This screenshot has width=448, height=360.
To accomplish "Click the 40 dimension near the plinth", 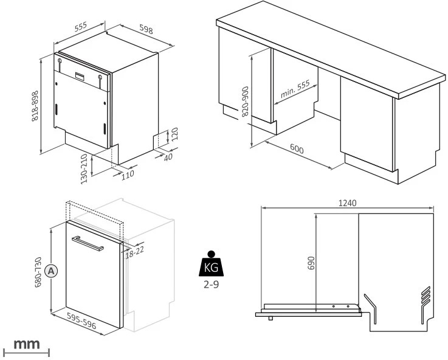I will (168, 157).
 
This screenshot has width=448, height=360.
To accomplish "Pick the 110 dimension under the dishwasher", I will (127, 175).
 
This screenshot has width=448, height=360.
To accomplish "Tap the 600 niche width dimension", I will (297, 149).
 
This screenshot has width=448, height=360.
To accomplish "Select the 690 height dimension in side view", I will (311, 263).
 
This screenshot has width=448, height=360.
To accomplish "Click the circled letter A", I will (52, 271).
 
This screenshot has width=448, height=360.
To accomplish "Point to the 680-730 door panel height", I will (38, 271).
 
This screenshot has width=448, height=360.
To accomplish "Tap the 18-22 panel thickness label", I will (135, 251).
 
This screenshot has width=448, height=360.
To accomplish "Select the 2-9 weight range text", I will (210, 284).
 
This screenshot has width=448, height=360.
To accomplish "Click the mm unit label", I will (27, 344).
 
